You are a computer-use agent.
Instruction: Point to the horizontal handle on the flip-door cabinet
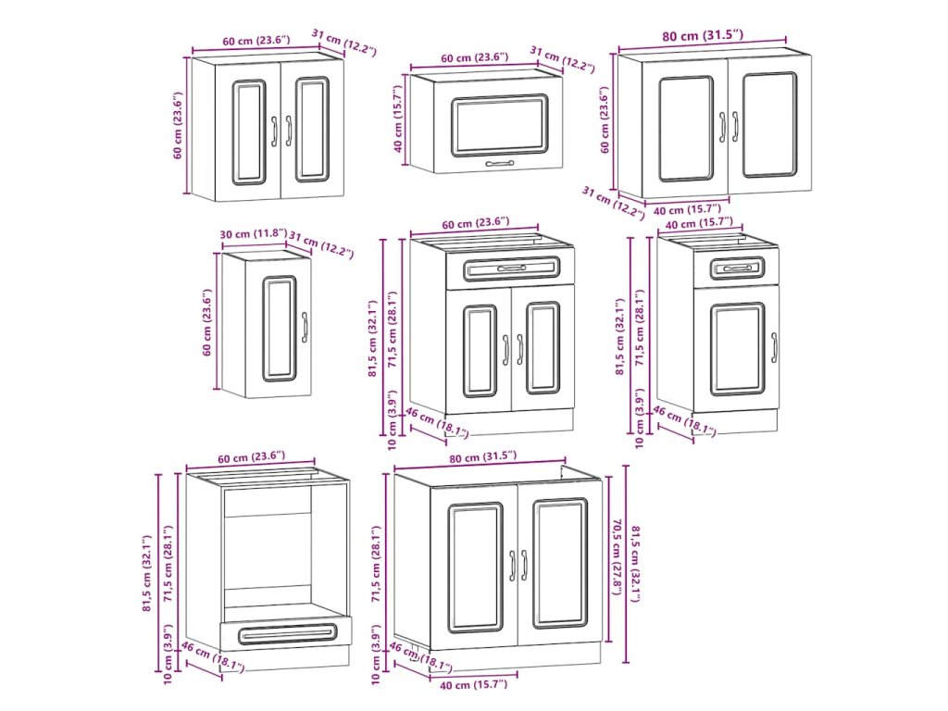pos(499,163)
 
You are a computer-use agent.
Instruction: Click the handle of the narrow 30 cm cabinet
pos(304,328)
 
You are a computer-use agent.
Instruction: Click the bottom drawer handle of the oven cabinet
pos(286,633)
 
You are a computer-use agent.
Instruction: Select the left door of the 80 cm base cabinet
pos(475,566)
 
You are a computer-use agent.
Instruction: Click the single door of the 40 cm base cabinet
pos(737,348)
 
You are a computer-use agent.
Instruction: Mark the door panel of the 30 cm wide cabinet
pos(278,328)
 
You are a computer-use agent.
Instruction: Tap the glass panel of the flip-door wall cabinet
pos(499,125)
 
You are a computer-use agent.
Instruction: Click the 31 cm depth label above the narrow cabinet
pos(320,243)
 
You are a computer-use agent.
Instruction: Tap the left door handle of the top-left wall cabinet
pos(274,131)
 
